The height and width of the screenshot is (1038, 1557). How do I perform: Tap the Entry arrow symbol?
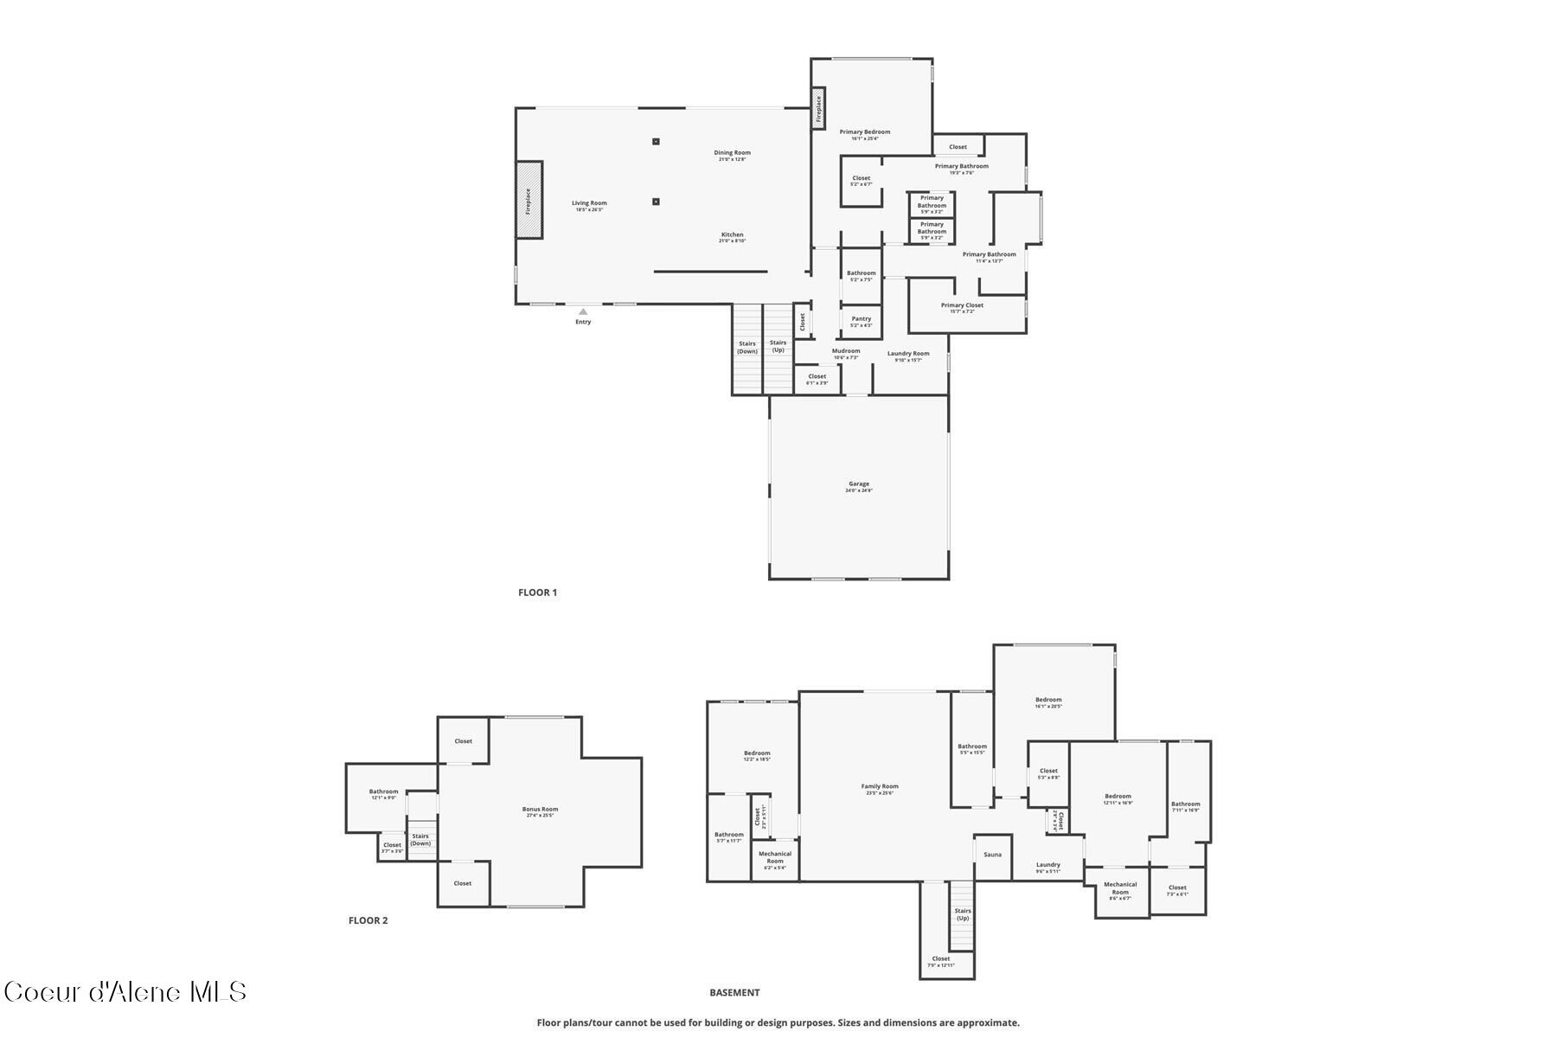(x=583, y=312)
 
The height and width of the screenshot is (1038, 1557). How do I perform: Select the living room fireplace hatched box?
(x=529, y=200)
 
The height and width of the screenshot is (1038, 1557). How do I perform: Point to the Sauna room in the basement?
(x=992, y=855)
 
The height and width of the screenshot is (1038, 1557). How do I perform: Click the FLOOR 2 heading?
(x=368, y=920)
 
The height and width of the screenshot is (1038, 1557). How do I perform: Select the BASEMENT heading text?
(x=734, y=992)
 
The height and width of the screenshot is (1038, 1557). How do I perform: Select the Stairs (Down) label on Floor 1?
(x=747, y=347)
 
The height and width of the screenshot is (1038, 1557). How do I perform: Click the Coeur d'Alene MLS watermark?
(x=125, y=991)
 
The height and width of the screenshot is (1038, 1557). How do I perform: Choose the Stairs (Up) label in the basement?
(x=963, y=913)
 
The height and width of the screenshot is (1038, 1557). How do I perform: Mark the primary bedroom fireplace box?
(x=818, y=109)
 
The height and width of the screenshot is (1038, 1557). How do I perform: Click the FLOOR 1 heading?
(x=537, y=593)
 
